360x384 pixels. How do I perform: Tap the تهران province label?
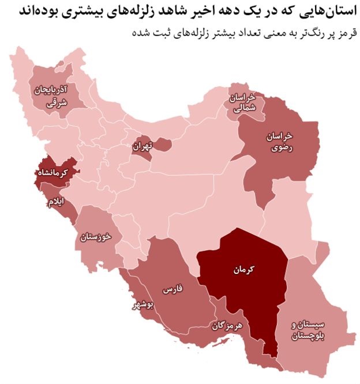click(x=141, y=146)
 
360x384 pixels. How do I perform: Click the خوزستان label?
click(x=94, y=237)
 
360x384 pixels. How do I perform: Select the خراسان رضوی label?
click(x=279, y=141)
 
